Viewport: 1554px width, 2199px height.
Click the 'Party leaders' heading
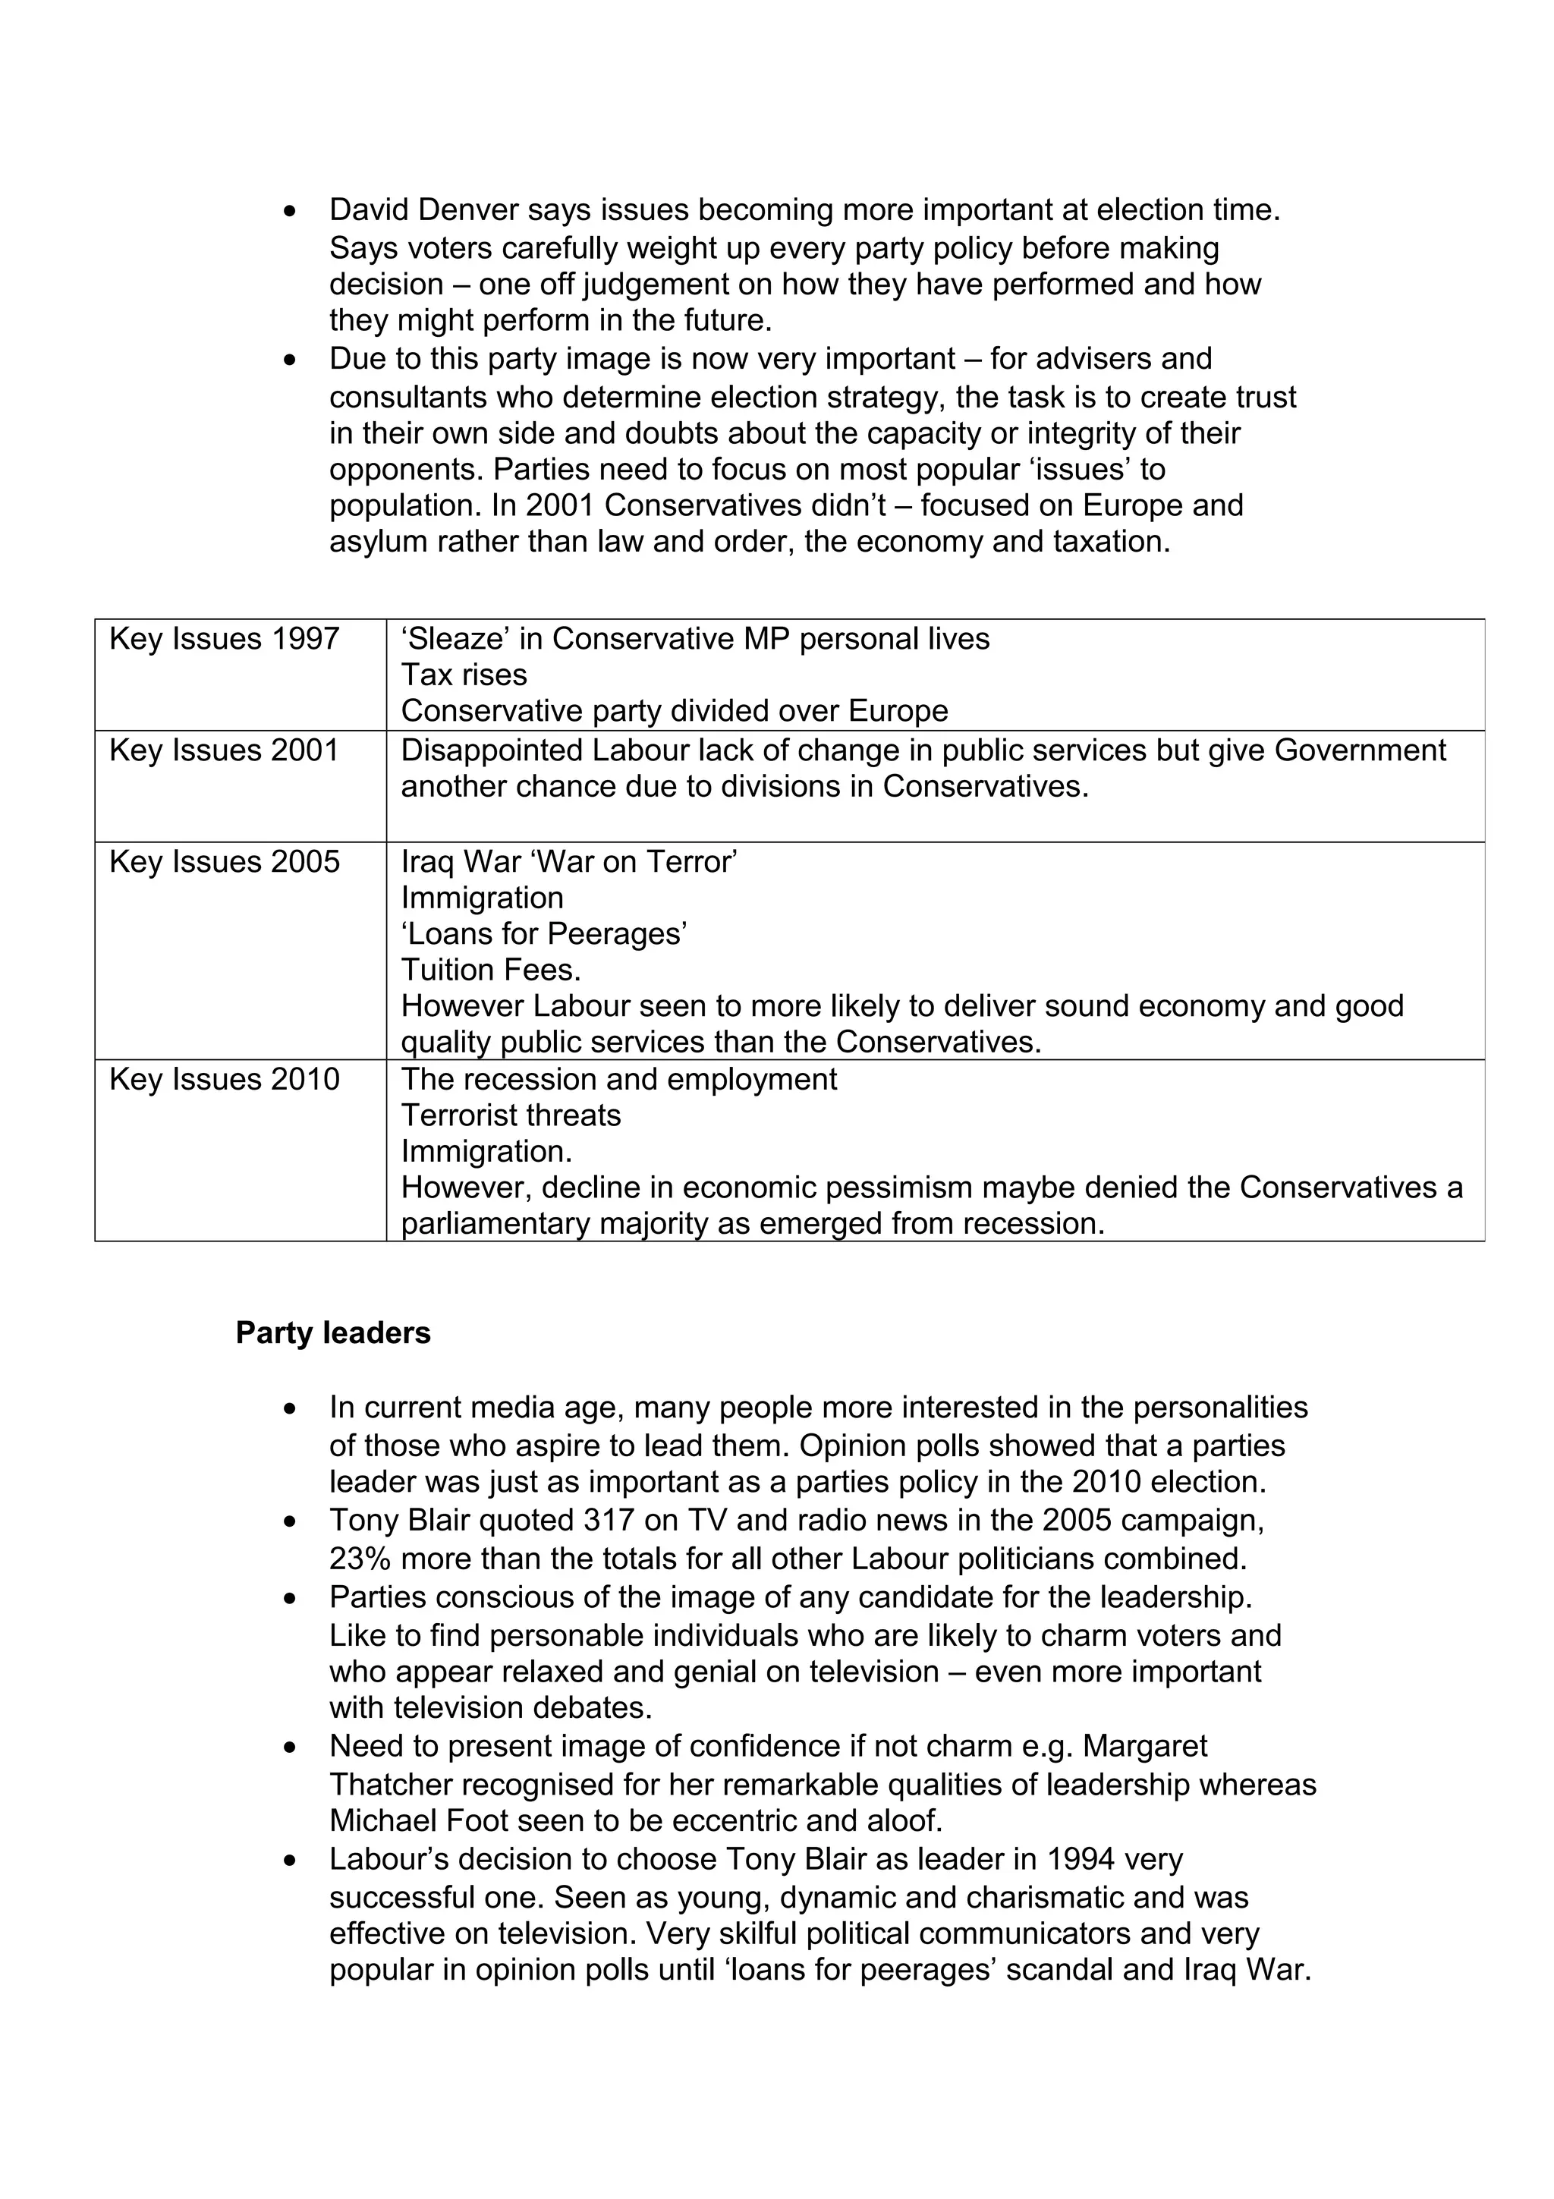pos(332,1333)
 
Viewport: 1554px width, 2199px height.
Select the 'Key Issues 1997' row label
pos(224,639)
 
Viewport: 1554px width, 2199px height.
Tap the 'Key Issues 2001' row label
pos(224,750)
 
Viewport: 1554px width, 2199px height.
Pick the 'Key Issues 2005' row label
pos(224,862)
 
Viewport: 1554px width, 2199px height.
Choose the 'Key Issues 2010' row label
pos(224,1079)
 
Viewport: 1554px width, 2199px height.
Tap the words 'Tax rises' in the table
pos(464,675)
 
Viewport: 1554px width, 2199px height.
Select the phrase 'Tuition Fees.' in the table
pos(490,971)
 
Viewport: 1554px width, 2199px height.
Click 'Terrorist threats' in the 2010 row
pos(511,1115)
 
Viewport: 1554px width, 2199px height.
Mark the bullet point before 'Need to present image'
pos(290,1749)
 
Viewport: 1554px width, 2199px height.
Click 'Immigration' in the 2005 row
pos(482,898)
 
